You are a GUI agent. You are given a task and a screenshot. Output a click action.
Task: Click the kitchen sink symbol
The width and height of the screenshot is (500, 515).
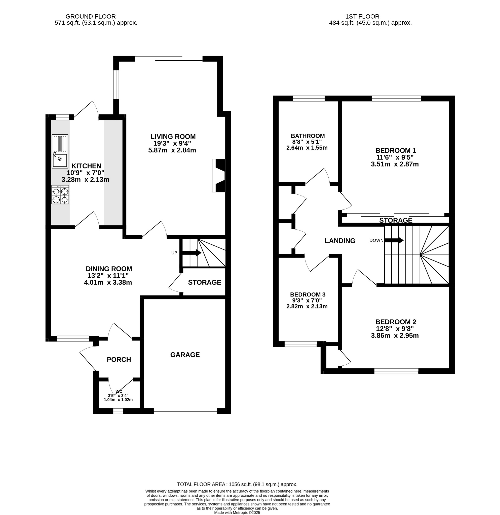pos(60,151)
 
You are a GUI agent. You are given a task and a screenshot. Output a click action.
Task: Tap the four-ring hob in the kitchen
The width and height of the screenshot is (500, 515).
pos(60,195)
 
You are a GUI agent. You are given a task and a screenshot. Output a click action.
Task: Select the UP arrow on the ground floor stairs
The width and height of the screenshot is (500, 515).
pos(192,253)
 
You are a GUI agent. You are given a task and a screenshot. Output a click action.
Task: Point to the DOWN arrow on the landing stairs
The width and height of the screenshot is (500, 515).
pos(394,240)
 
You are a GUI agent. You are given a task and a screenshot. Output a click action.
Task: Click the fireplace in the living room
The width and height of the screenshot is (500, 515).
pos(219,176)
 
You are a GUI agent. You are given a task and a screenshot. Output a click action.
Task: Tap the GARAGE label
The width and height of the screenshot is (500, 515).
pos(185,355)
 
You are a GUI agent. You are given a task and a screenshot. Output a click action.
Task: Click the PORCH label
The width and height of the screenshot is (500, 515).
pos(119,359)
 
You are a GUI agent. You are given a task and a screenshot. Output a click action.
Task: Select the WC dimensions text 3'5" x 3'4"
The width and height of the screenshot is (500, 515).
pos(118,396)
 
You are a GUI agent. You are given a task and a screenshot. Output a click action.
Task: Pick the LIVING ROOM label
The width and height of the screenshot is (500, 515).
pos(173,137)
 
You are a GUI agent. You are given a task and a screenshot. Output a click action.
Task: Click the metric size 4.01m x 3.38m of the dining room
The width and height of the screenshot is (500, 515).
pos(108,282)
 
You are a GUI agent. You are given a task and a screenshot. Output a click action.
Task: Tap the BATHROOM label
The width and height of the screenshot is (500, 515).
pos(307,136)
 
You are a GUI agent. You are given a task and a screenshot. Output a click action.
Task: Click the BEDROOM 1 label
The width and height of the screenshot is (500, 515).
pos(395,151)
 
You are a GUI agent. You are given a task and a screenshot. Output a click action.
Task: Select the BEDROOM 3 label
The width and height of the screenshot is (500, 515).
pos(307,294)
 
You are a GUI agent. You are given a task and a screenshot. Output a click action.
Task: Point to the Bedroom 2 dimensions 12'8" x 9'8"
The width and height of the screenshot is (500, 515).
pos(395,329)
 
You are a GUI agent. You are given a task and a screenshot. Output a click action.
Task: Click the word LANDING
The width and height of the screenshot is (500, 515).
pos(340,241)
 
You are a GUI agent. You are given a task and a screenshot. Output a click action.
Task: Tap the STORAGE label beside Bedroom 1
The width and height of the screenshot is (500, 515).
pos(395,220)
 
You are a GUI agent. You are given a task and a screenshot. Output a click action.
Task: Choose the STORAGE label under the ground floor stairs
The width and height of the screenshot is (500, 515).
pos(205,282)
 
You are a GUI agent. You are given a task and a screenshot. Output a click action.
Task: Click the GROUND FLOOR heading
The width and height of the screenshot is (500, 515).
pos(90,17)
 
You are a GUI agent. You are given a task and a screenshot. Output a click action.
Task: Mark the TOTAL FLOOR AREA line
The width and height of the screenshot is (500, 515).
pos(237,484)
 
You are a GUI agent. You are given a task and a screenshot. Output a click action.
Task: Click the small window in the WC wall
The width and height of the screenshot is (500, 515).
pos(118,411)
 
